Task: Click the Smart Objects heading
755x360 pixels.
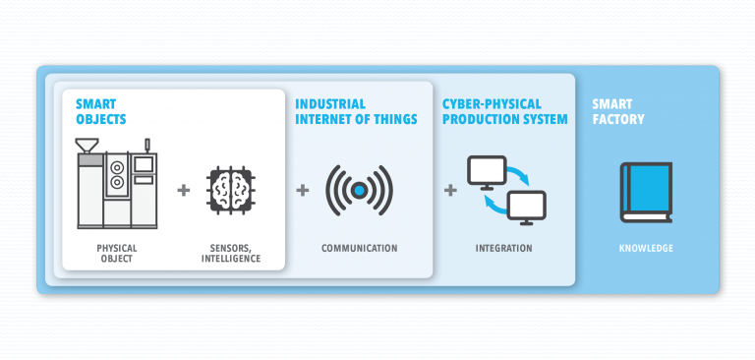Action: [x=103, y=110]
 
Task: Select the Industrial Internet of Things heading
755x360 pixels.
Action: [x=356, y=111]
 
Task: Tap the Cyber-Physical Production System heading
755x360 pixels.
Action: [x=504, y=111]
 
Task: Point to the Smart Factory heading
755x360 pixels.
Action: [x=618, y=111]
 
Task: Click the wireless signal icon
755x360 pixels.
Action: [x=360, y=188]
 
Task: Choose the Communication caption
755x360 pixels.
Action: [x=360, y=248]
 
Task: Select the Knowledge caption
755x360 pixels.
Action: [x=646, y=248]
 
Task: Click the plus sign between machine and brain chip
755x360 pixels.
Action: [x=183, y=189]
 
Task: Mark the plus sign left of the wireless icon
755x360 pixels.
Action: [x=302, y=189]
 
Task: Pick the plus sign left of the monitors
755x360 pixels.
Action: [x=450, y=189]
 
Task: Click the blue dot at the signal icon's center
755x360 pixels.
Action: [x=360, y=189]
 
